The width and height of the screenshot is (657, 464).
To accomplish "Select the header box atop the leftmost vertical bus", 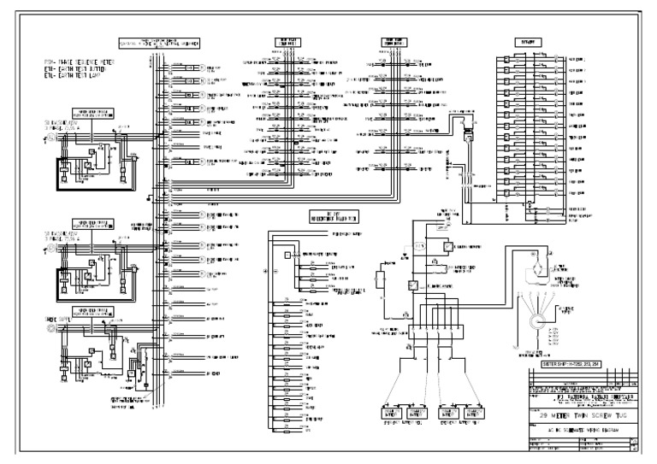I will point(162,42).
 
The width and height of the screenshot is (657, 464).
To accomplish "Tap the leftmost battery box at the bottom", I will point(392,414).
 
